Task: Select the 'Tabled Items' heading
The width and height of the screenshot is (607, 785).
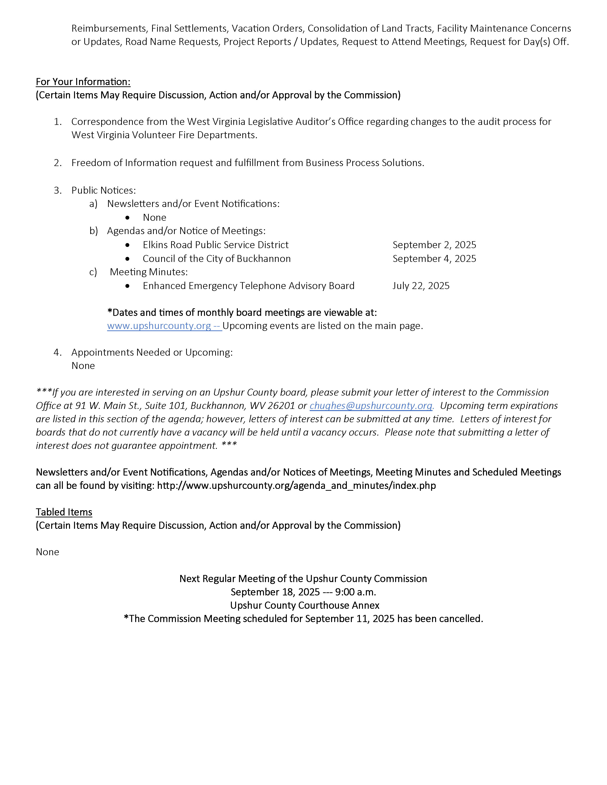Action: (x=64, y=512)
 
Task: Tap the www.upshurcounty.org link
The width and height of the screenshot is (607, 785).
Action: (x=159, y=326)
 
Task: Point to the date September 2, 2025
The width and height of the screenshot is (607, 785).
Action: (x=434, y=245)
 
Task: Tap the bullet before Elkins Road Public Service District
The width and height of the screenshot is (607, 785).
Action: (x=127, y=245)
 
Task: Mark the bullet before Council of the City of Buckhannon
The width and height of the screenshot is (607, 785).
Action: (x=127, y=259)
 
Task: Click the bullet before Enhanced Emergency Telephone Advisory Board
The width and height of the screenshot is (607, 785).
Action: (x=127, y=286)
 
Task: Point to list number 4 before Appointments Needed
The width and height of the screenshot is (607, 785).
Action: (x=58, y=352)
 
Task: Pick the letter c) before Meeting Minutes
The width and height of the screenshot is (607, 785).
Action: (x=93, y=272)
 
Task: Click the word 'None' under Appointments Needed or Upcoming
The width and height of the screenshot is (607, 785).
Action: (x=83, y=366)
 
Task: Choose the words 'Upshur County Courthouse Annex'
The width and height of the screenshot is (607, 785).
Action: (x=305, y=605)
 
